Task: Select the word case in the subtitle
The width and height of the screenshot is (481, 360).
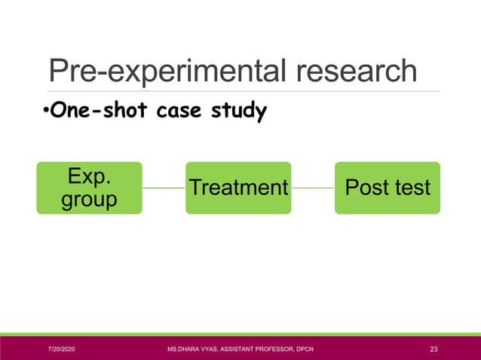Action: [x=180, y=112]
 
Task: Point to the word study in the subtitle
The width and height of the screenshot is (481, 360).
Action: [x=239, y=112]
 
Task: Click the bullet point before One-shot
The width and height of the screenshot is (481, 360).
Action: [x=45, y=113]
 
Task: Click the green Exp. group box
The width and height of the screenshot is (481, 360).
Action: [x=89, y=188]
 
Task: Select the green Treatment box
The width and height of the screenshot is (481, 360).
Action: [x=238, y=188]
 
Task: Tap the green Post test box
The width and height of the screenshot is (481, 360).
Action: [x=388, y=188]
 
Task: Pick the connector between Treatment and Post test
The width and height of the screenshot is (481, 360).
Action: [x=313, y=188]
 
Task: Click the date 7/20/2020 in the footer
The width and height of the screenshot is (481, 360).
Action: [x=62, y=349]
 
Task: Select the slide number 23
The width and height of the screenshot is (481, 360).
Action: [x=434, y=349]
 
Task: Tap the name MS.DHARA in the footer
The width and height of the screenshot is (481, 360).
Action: [x=185, y=349]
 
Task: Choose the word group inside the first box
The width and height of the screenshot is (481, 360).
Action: [x=89, y=200]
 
